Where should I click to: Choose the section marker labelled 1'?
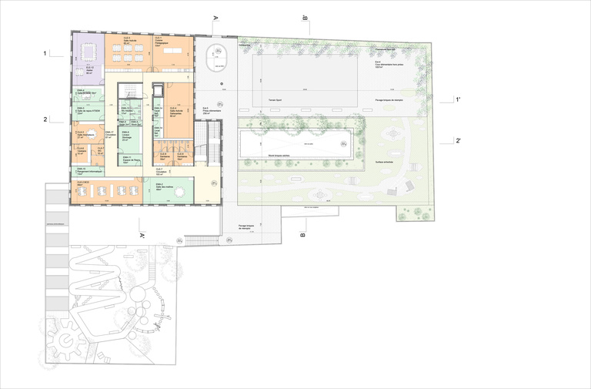click(458, 99)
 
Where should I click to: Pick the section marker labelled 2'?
click(458, 140)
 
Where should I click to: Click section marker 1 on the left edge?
click(46, 54)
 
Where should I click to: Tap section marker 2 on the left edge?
click(46, 119)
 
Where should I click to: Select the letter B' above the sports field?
click(306, 17)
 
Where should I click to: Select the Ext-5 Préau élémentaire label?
click(210, 110)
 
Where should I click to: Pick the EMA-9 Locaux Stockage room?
click(129, 137)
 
